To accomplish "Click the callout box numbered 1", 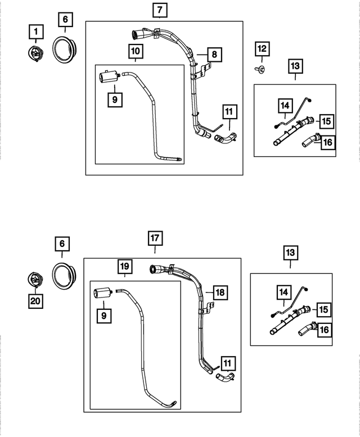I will (x=36, y=30).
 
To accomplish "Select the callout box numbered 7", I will (x=159, y=10).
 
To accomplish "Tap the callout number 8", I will (x=214, y=55).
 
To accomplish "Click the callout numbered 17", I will (x=156, y=237).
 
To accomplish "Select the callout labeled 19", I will (x=124, y=265).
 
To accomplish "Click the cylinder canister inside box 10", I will (x=107, y=76).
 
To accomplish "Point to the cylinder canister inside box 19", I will (x=102, y=294).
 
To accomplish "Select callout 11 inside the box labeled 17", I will (x=229, y=363).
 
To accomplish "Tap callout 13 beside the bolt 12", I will (x=295, y=66).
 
